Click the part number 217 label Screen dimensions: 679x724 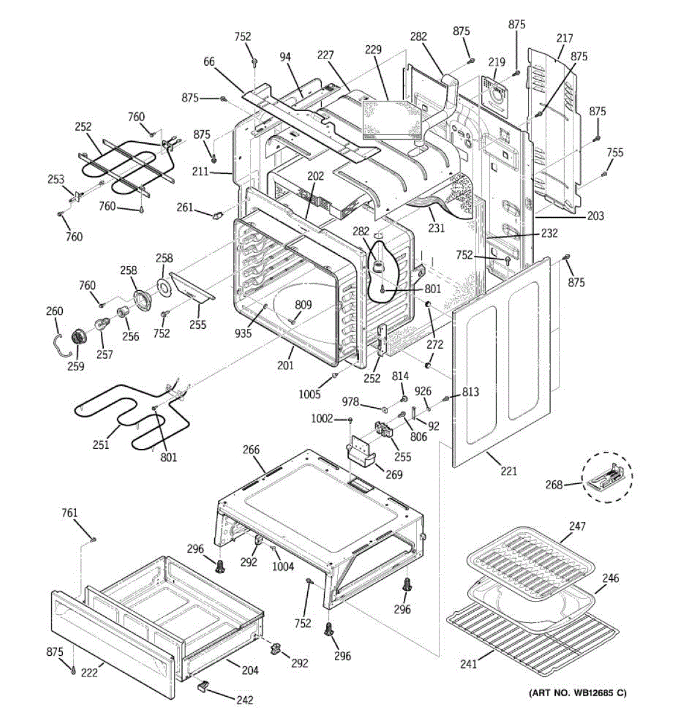[565, 38]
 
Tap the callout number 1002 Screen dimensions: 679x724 [322, 419]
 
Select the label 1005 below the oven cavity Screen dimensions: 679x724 [310, 394]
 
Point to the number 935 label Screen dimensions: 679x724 [243, 333]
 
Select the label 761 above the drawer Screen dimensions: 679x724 [69, 513]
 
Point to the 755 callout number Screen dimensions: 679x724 [615, 153]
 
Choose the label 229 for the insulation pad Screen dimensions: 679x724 [373, 49]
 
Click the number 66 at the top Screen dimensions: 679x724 [209, 62]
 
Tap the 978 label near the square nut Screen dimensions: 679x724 [350, 402]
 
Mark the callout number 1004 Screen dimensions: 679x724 [283, 566]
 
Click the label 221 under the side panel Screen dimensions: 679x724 [509, 471]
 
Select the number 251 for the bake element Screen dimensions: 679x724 [101, 445]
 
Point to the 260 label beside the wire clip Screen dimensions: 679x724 [54, 311]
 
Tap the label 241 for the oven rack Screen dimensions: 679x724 [468, 664]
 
